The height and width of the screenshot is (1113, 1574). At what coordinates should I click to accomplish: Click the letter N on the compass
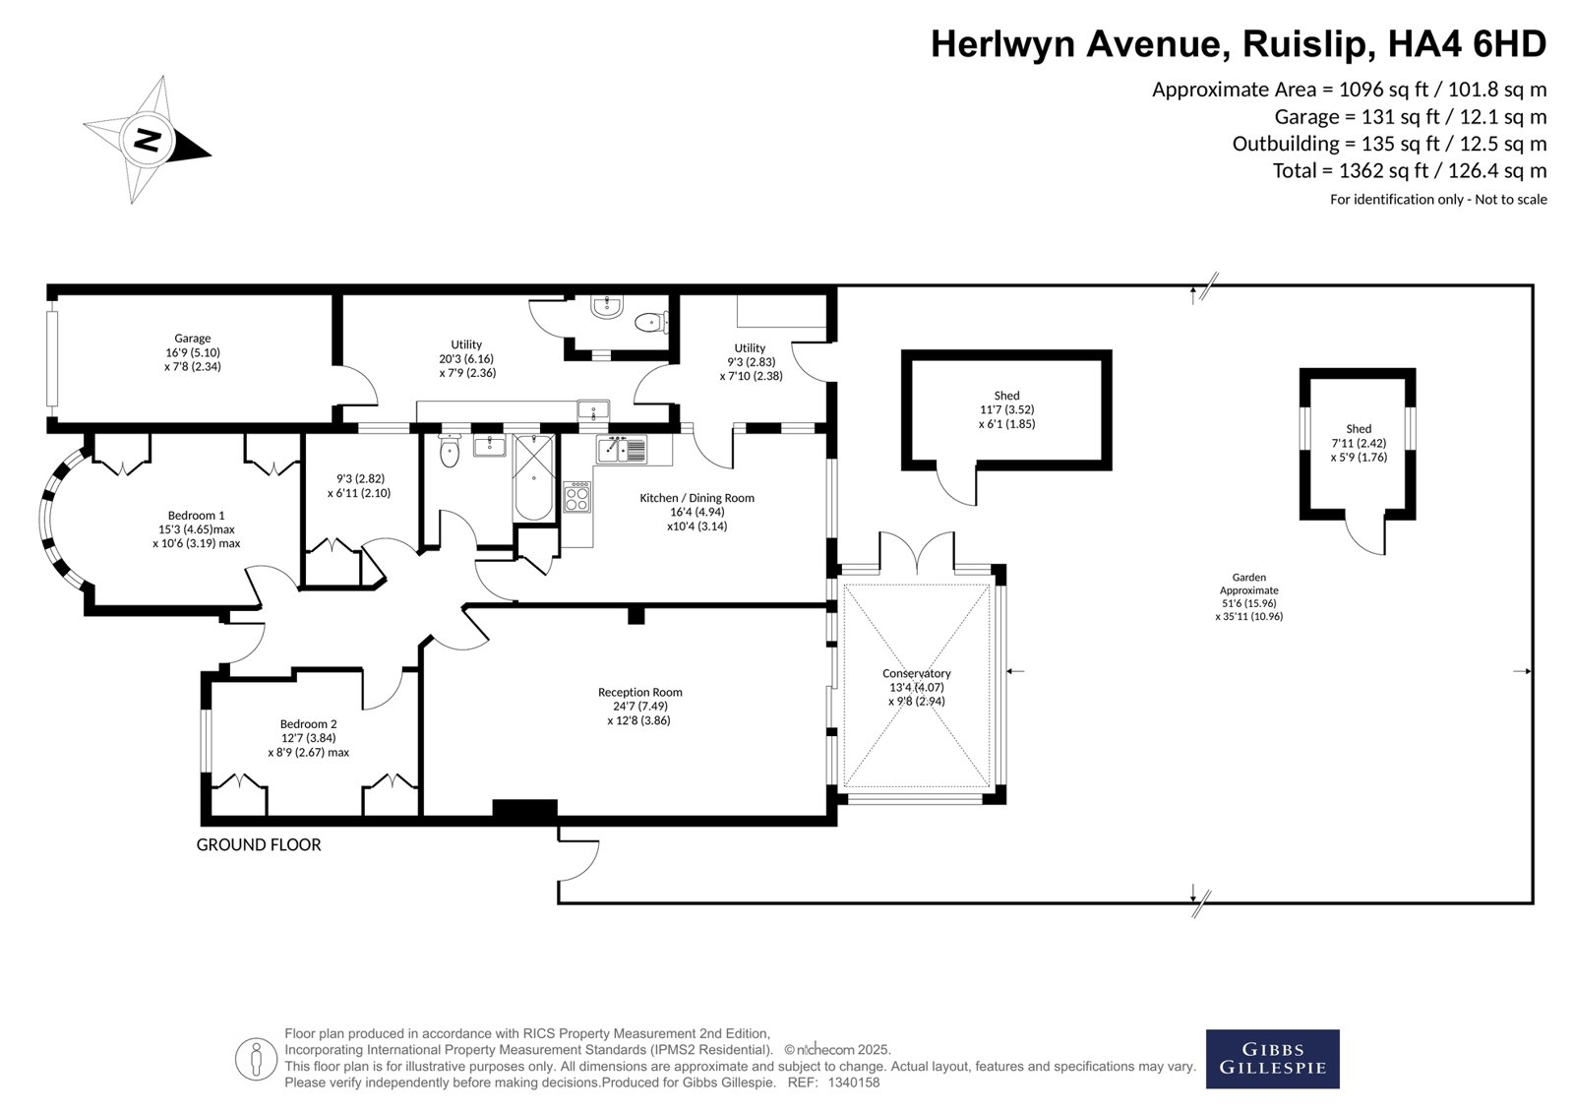(x=147, y=140)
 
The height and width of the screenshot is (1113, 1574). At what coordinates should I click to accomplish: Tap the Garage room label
(x=193, y=339)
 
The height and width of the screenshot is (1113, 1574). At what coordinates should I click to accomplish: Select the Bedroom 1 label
(x=196, y=516)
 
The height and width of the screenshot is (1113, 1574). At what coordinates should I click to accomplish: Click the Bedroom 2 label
(x=309, y=723)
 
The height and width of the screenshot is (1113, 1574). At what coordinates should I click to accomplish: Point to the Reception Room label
(x=640, y=692)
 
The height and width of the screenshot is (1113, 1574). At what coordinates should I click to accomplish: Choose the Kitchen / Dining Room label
(x=697, y=498)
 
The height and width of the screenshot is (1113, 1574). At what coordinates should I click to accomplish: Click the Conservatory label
(x=916, y=673)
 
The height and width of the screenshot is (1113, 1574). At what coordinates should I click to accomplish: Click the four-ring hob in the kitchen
(x=576, y=497)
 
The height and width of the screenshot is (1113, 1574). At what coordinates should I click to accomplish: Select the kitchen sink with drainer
(x=622, y=450)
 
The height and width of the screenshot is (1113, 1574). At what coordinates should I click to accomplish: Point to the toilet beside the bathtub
(x=449, y=451)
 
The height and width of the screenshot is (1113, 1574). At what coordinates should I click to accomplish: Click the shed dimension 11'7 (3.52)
(x=1007, y=409)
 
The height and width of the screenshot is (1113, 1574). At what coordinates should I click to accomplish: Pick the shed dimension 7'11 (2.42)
(x=1359, y=443)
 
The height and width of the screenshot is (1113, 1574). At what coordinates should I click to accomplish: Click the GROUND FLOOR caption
(x=259, y=845)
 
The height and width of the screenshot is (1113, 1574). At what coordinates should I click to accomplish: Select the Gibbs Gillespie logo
(x=1273, y=1059)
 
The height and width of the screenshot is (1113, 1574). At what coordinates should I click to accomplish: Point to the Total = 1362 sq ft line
(x=1410, y=171)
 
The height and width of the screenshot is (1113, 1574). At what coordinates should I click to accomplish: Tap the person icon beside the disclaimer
(x=256, y=1059)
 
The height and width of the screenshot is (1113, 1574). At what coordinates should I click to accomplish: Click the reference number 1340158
(x=854, y=1082)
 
